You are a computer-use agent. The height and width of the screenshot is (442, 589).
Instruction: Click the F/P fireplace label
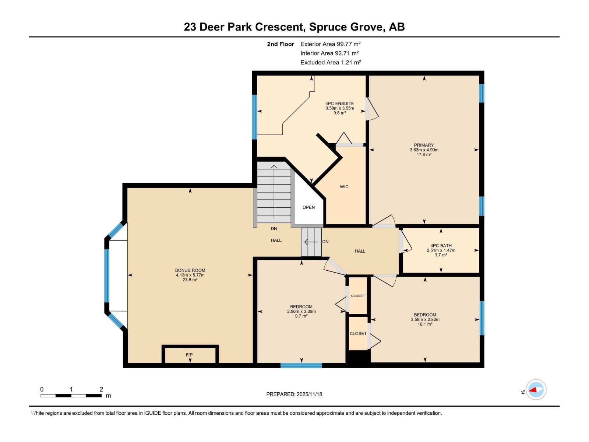[x=189, y=355]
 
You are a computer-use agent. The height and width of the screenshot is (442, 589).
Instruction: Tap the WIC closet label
[x=344, y=187]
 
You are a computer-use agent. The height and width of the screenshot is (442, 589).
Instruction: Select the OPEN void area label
[x=308, y=207]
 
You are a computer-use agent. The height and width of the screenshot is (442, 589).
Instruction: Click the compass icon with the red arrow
[x=536, y=389]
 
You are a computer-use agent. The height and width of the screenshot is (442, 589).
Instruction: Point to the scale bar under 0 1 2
[x=71, y=396]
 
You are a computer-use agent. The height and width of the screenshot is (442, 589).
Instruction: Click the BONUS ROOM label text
[x=190, y=270]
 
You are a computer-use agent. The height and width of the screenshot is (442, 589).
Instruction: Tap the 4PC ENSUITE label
[x=339, y=104]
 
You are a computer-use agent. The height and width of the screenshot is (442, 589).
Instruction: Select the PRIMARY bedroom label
[x=424, y=145]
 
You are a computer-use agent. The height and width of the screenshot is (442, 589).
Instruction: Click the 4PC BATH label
[x=441, y=246]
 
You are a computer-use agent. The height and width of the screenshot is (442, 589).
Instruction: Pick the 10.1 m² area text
[x=425, y=325]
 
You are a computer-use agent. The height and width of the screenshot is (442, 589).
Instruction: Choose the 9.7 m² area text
[x=301, y=316]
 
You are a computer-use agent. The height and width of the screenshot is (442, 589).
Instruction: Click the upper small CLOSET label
[x=358, y=296]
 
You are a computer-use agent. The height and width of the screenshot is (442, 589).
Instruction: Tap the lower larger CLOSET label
[x=358, y=333]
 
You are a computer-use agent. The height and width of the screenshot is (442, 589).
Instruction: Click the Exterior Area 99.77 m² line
[x=330, y=44]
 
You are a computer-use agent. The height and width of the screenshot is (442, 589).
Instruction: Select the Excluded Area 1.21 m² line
[x=330, y=62]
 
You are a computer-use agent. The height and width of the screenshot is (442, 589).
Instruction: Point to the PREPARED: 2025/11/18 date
[x=294, y=394]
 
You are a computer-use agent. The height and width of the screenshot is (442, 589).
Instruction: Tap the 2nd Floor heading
[x=281, y=44]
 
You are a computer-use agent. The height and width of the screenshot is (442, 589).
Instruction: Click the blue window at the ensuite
[x=254, y=117]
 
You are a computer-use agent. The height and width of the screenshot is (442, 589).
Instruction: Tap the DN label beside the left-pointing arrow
[x=325, y=242]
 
